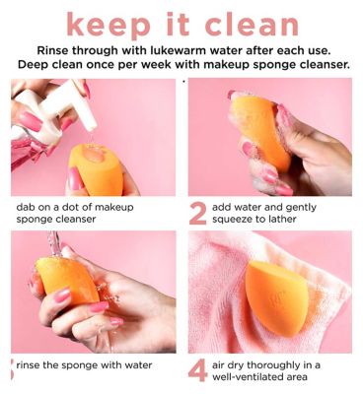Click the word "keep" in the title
pos(107,26)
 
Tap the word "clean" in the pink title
pos(252,24)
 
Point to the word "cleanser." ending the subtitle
pos(324,64)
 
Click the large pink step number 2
pos(198,214)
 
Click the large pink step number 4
pos(198,370)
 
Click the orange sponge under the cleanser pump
pos(96,169)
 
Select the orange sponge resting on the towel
pos(277,298)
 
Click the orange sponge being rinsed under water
pos(67,281)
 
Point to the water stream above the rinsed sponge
pos(54,243)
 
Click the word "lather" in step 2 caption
pos(281,219)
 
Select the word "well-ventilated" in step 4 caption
pos(249,376)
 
